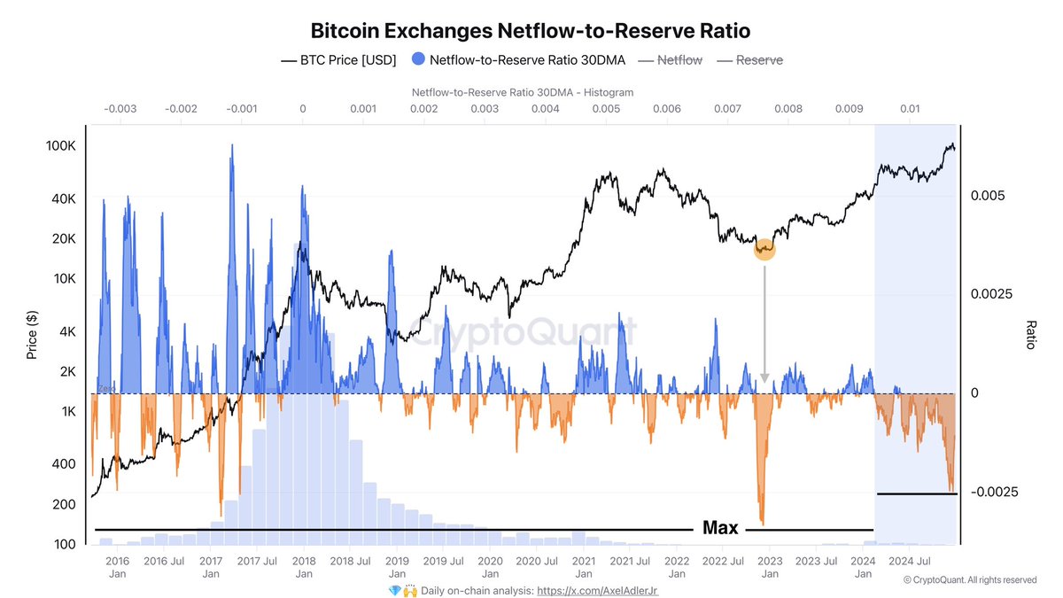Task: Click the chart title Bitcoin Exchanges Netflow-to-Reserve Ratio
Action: (531, 31)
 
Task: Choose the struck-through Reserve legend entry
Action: (750, 60)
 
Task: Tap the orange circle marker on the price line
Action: (764, 250)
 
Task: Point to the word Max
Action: (720, 528)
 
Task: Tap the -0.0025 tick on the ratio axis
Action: (996, 492)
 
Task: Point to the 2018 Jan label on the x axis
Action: (304, 567)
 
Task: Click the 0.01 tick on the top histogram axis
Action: (910, 109)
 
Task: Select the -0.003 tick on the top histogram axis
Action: (120, 109)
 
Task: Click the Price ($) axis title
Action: (32, 335)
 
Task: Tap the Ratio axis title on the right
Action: (1029, 335)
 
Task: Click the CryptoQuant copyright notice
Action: (969, 579)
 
